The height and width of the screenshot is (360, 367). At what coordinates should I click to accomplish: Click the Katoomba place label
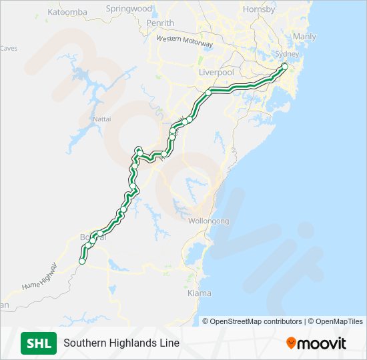pos(68,12)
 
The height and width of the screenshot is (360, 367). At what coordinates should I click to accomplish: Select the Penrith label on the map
pos(160,23)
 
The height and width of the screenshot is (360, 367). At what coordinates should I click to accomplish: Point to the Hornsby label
pos(259,9)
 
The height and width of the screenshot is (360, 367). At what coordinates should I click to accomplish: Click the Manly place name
pos(304,37)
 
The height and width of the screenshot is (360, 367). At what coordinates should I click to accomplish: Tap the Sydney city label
pos(288,53)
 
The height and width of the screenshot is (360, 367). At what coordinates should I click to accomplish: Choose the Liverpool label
pos(216,71)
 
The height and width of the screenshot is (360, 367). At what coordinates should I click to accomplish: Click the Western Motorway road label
pos(185,41)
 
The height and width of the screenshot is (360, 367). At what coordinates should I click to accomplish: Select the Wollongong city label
pos(209,221)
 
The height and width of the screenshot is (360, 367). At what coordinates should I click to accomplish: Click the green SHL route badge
pos(39,343)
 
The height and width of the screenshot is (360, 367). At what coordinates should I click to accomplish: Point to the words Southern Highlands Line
pos(121,343)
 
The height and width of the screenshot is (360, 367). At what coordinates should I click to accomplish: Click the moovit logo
pos(317,343)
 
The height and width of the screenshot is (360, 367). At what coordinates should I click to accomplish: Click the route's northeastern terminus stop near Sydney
pos(285,66)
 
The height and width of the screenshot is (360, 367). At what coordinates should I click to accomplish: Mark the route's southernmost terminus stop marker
pos(82,262)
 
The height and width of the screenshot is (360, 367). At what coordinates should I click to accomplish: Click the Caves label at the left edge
pos(8,48)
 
